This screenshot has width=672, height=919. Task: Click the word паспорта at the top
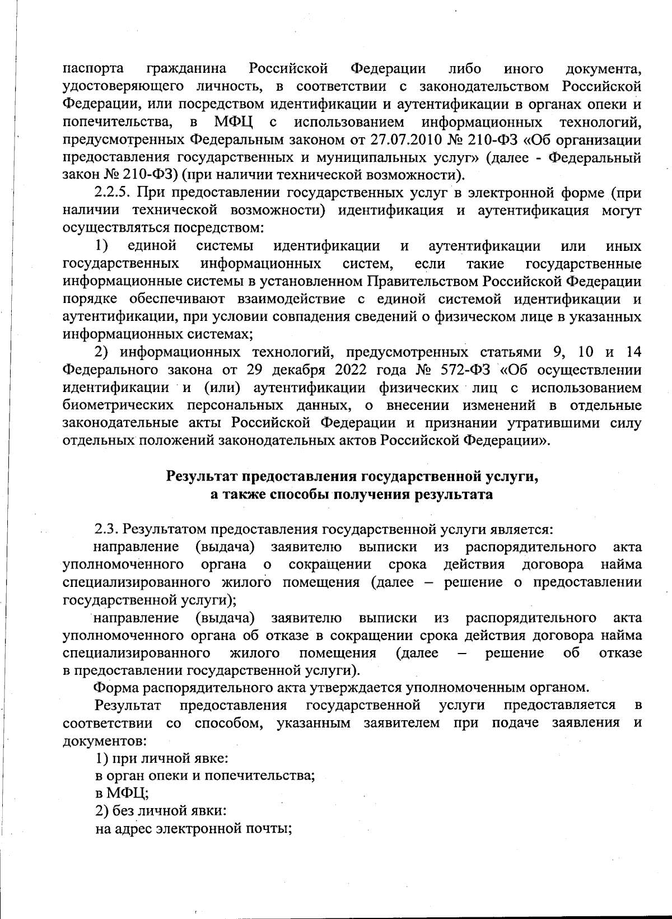(93, 69)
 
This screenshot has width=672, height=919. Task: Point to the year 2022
(351, 370)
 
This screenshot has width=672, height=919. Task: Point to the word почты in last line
(270, 828)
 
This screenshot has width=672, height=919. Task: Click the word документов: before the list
(105, 740)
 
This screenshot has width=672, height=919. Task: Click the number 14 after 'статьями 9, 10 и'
(633, 352)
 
